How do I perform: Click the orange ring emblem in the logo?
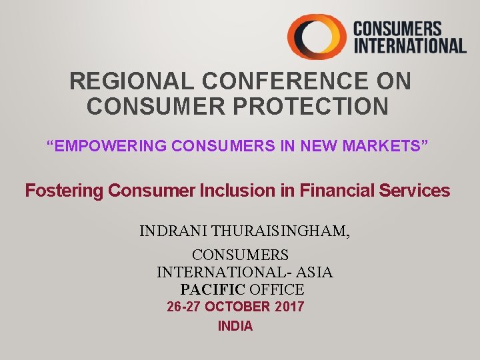tap(316, 37)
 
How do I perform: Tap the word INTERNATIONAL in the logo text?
tap(409, 45)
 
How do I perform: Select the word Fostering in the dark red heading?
tap(65, 191)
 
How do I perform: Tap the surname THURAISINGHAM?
tap(281, 232)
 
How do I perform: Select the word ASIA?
tap(313, 272)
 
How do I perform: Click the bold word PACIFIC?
tap(213, 290)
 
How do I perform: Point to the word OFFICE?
tap(277, 290)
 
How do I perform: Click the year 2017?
tap(289, 307)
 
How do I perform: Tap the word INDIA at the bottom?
tap(235, 327)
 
